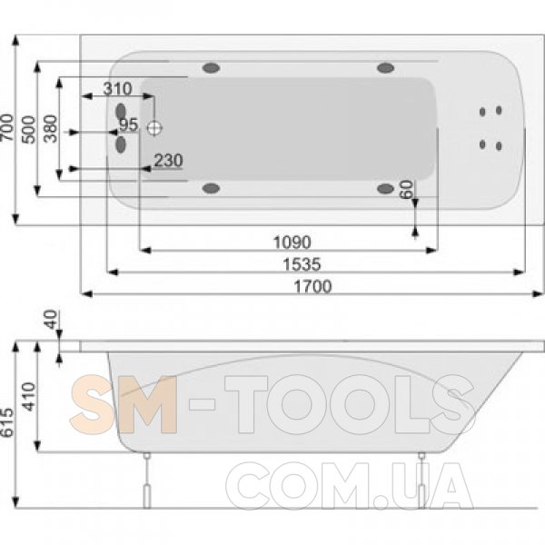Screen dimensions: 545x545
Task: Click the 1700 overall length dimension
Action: [x=312, y=287]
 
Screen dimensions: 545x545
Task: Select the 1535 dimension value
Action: [x=302, y=265]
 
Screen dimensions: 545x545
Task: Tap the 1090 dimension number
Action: [x=292, y=243]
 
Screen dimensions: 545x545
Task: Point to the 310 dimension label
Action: [x=117, y=89]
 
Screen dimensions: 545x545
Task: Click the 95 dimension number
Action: [x=129, y=124]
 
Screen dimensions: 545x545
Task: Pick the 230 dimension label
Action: [x=168, y=161]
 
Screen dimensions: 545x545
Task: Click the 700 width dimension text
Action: [x=7, y=127]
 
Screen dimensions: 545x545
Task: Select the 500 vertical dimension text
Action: [x=29, y=130]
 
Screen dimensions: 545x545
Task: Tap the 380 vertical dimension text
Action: [x=51, y=129]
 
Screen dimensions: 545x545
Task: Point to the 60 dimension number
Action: [x=407, y=190]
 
